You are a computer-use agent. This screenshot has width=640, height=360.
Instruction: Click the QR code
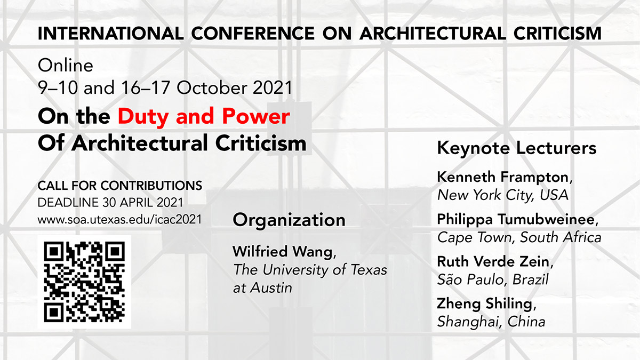click(84, 282)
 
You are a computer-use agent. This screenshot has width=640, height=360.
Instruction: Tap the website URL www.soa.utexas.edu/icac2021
click(119, 219)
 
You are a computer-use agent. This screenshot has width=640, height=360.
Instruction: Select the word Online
click(66, 66)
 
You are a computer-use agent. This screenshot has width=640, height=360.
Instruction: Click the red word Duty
click(142, 117)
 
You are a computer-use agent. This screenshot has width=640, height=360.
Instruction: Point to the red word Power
click(256, 116)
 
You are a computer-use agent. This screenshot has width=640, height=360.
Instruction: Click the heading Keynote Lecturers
click(517, 148)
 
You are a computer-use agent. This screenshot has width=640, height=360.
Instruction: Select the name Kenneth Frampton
click(503, 177)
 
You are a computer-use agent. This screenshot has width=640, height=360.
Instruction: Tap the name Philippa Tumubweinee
click(516, 219)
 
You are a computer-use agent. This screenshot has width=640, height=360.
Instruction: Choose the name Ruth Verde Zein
click(493, 261)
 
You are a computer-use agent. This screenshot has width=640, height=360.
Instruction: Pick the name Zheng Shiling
click(485, 303)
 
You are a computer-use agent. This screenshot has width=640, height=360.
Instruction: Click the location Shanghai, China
click(491, 322)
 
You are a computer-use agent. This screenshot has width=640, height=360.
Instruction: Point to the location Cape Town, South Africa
click(519, 237)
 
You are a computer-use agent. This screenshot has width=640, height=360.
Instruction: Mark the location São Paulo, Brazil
click(493, 279)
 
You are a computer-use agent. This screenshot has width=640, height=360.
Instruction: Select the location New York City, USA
click(502, 195)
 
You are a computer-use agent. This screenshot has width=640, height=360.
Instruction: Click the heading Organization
click(289, 221)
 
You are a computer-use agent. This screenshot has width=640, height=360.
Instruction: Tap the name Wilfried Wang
click(283, 251)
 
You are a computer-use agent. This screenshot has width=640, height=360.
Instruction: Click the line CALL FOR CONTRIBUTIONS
click(119, 186)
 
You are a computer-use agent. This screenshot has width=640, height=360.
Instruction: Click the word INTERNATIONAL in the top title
click(110, 33)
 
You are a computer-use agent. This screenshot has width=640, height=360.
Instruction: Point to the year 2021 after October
click(273, 87)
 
